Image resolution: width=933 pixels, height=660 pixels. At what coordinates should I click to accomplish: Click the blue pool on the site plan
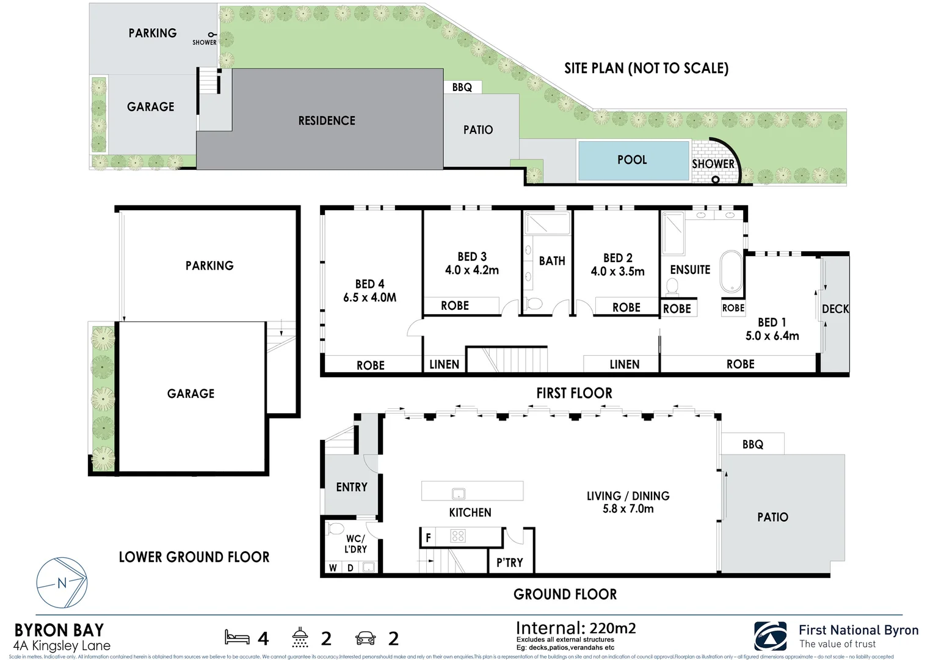[x=633, y=161]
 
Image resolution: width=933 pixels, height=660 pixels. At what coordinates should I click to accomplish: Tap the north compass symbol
[x=62, y=582]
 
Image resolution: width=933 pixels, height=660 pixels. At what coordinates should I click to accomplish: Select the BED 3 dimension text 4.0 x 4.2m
[x=471, y=270]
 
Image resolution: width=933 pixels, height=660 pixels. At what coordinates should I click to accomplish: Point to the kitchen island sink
[x=458, y=494]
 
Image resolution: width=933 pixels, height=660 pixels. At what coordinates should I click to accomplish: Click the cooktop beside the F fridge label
[x=458, y=537]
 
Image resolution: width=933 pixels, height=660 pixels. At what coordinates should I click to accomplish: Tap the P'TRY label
[x=509, y=563]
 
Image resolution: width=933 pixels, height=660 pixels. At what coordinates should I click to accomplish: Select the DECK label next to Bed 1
[x=835, y=309]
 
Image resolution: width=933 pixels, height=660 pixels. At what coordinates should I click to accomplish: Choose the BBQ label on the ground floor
[x=752, y=444]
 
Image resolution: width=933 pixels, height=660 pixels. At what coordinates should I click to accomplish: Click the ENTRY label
[x=352, y=487]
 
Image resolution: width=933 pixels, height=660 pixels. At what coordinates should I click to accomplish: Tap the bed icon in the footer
[x=237, y=637]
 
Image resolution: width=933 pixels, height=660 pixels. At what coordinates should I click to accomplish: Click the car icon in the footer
[x=365, y=639]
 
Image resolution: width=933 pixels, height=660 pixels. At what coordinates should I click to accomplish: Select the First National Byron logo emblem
[x=771, y=637]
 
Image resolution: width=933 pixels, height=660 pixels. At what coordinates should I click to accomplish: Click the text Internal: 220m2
[x=575, y=628]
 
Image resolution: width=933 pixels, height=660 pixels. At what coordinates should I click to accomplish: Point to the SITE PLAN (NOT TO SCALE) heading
[x=646, y=68]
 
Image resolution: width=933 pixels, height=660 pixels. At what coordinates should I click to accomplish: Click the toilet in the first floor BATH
[x=534, y=304]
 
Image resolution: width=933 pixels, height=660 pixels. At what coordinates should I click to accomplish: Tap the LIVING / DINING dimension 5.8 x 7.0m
[x=628, y=509]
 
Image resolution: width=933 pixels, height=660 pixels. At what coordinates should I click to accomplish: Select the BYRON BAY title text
[x=59, y=630]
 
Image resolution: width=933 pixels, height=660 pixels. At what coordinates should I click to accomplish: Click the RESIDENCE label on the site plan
[x=327, y=121]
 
